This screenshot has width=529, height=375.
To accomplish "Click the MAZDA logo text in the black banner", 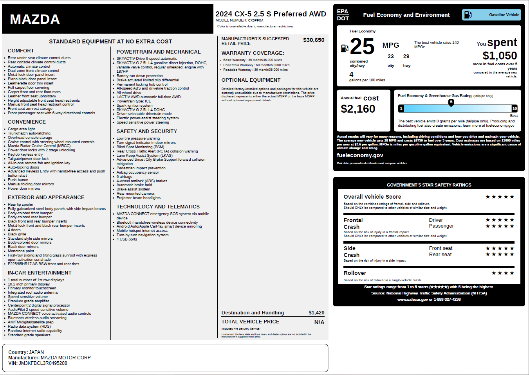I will coord(35,19).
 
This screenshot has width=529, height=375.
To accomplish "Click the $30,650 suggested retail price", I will coord(314,40).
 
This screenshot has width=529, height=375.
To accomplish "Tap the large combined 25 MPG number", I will coord(362,47).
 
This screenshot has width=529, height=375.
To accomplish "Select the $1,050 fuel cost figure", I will coord(500,56).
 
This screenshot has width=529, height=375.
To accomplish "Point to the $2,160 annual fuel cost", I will coord(358,109).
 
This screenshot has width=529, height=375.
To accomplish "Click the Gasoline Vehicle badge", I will coord(492,15).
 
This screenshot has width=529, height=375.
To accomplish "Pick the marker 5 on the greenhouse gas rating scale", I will coord(451,102).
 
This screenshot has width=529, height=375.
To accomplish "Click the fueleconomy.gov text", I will coord(360,155).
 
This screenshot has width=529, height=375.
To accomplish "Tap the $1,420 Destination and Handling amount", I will coord(316,312).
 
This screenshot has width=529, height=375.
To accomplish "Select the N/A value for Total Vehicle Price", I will coord(319,322).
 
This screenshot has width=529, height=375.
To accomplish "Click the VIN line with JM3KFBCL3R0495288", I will coord(38,363).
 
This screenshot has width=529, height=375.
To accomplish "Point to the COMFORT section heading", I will coord(21,51).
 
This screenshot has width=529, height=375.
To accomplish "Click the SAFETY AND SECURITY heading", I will coord(146,131).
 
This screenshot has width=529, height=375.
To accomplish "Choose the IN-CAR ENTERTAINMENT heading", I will coord(40,273).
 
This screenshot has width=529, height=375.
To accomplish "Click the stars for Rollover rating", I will coord(503,273).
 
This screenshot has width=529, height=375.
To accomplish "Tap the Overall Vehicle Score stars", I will coord(500,197).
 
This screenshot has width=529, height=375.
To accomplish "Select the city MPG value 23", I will coord(390,56).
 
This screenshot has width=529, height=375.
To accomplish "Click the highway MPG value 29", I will coord(406,56).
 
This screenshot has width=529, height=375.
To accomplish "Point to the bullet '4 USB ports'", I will coord(126,239).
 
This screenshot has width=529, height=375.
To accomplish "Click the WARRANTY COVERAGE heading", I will coord(253,53).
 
